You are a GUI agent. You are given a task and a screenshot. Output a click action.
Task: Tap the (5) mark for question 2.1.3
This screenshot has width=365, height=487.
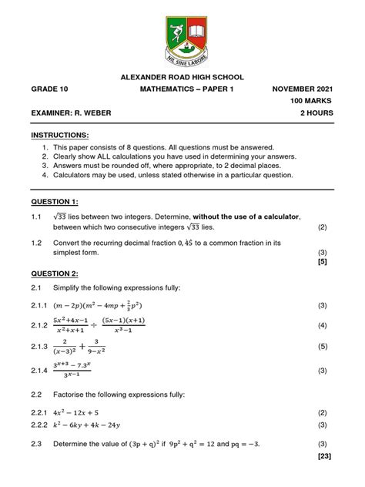pyautogui.click(x=323, y=348)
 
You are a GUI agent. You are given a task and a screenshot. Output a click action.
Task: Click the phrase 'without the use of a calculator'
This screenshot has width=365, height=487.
pyautogui.click(x=246, y=217)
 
